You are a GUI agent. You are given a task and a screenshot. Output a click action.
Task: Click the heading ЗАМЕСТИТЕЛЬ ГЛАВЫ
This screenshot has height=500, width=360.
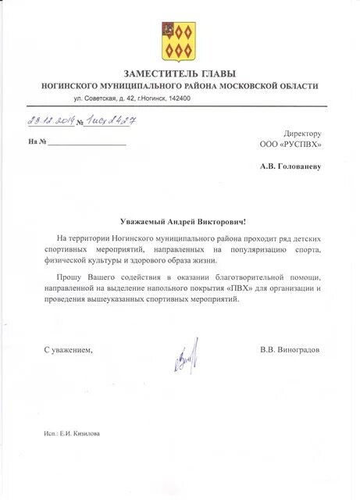pos(180,73)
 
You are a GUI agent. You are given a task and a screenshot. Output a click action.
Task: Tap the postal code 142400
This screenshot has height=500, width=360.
pos(179,98)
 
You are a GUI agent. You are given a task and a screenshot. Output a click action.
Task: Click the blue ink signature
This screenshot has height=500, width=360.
pos(185,357)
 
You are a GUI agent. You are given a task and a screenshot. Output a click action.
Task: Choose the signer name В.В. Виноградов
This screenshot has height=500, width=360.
pos(289,349)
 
